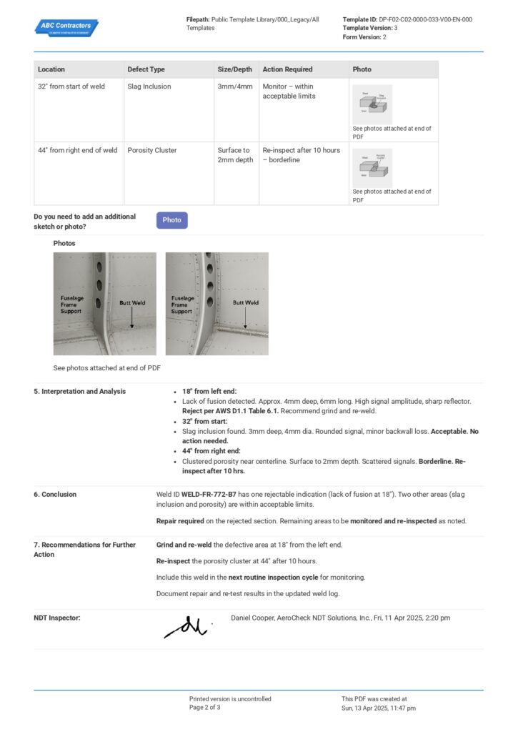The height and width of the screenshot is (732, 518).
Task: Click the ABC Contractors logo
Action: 66,27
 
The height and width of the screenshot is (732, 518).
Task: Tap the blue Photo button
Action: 171,220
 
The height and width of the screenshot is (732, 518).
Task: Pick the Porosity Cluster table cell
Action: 151,150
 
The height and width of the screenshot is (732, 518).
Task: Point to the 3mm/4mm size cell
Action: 234,86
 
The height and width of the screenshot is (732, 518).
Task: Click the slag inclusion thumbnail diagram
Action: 372,104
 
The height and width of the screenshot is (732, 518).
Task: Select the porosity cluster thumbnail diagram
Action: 372,167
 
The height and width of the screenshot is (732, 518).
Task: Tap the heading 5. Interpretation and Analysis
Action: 79,391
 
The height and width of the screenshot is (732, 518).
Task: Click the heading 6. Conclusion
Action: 55,494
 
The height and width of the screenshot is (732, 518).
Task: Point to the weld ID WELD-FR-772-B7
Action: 209,494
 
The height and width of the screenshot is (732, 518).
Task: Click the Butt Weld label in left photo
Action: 132,303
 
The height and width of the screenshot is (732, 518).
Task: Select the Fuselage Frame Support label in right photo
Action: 181,305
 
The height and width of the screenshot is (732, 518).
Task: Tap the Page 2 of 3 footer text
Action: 204,708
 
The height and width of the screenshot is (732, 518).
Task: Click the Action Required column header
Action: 287,69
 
